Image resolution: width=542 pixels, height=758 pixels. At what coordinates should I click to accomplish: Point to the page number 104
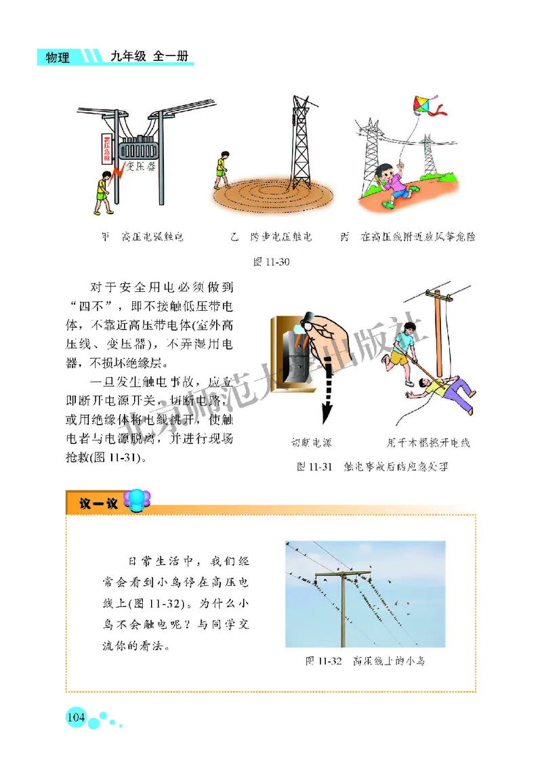coord(75,717)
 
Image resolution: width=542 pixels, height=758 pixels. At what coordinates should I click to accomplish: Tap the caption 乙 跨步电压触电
coord(270,237)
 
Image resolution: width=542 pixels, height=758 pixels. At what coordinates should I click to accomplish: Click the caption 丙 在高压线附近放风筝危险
coord(408,237)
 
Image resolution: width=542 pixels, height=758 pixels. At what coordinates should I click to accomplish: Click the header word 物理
coord(57,58)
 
